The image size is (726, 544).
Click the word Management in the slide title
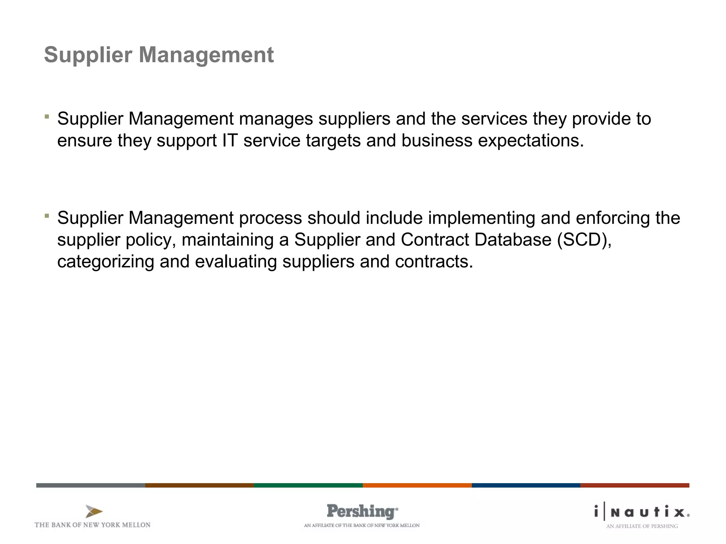[x=206, y=55]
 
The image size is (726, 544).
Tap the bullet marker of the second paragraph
[x=47, y=215]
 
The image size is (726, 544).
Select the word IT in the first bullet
[x=230, y=141]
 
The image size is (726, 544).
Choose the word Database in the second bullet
[x=513, y=240]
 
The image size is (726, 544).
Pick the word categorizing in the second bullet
[x=106, y=262]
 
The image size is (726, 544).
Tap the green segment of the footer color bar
[x=308, y=485]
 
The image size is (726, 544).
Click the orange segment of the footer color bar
[x=417, y=485]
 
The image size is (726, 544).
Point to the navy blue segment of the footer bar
[x=526, y=485]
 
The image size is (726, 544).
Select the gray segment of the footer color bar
[x=91, y=485]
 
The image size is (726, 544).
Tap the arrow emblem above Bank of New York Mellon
[x=94, y=512]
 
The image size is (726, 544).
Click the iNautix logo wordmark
[x=642, y=512]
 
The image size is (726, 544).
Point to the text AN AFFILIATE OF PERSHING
[x=642, y=526]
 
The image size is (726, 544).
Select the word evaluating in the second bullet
[x=236, y=262]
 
